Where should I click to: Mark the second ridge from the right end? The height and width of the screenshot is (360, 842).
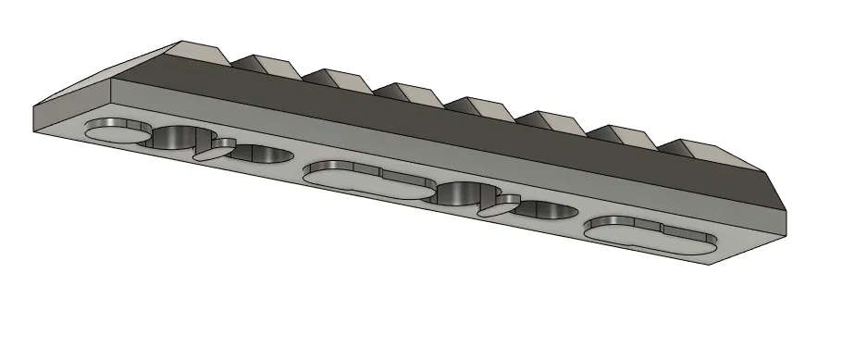(629, 135)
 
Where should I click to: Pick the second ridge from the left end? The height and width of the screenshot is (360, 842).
(264, 63)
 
